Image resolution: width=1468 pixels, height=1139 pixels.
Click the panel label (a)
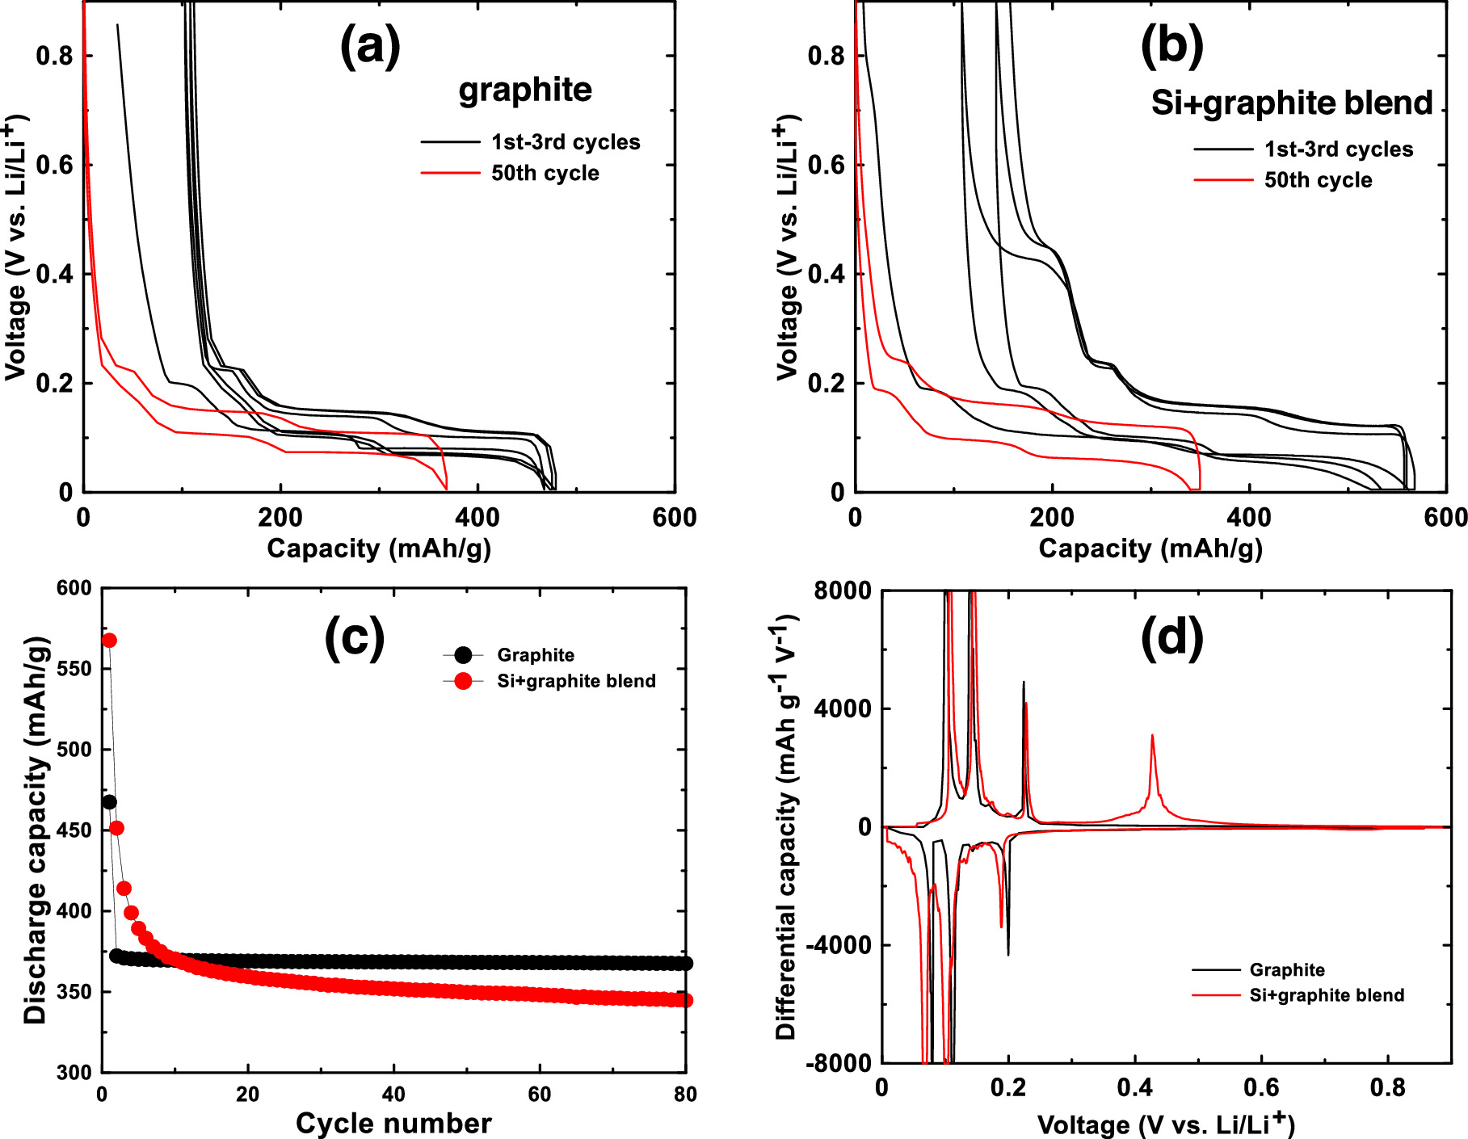369,46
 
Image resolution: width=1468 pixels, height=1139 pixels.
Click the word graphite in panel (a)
525,90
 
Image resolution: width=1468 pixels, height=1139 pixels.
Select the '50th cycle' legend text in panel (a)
545,174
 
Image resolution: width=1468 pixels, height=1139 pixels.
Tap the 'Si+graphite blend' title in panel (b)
1291,103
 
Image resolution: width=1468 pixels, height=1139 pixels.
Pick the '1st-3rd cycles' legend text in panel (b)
1338,149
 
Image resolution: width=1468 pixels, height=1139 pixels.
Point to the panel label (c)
354,638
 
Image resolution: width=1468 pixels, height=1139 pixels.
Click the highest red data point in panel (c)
109,641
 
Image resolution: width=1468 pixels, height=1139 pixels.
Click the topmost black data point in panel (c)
109,802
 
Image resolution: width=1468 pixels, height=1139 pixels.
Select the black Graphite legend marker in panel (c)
463,655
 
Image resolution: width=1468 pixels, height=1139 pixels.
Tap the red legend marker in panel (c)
463,681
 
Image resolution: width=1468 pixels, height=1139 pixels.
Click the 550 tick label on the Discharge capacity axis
74,669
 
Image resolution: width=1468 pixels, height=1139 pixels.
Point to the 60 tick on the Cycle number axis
539,1095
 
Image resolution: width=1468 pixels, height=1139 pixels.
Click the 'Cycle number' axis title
393,1123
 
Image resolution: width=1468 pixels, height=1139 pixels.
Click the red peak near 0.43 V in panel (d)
1152,736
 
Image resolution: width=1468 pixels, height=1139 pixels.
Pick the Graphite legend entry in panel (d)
1286,970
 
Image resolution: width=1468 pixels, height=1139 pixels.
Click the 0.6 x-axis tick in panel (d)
1261,1088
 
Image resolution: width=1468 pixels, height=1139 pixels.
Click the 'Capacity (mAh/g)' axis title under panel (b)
1150,548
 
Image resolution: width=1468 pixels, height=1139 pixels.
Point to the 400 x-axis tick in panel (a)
477,518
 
